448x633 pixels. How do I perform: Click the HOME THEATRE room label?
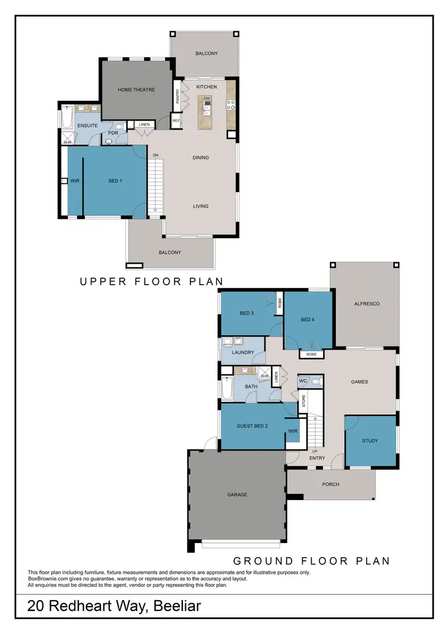click(136, 90)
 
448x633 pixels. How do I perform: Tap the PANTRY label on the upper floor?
click(177, 97)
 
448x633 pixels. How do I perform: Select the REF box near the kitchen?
click(176, 121)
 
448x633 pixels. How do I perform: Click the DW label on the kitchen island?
click(207, 98)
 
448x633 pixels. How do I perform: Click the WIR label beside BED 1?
click(75, 181)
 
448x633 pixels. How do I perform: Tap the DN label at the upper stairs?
click(155, 155)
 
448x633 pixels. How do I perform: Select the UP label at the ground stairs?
click(315, 451)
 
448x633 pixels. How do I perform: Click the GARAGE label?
click(237, 495)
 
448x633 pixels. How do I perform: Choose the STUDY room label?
click(370, 441)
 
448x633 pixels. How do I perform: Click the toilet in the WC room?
click(317, 380)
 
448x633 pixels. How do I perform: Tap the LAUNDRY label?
click(243, 353)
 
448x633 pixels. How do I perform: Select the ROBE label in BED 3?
click(280, 303)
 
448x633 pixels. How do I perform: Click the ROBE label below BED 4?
click(311, 354)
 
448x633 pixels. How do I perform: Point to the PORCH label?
click(330, 484)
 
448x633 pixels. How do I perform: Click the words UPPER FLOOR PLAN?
click(151, 282)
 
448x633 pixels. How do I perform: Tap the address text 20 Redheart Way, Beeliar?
click(114, 607)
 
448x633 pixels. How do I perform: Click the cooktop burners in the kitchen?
click(230, 105)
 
